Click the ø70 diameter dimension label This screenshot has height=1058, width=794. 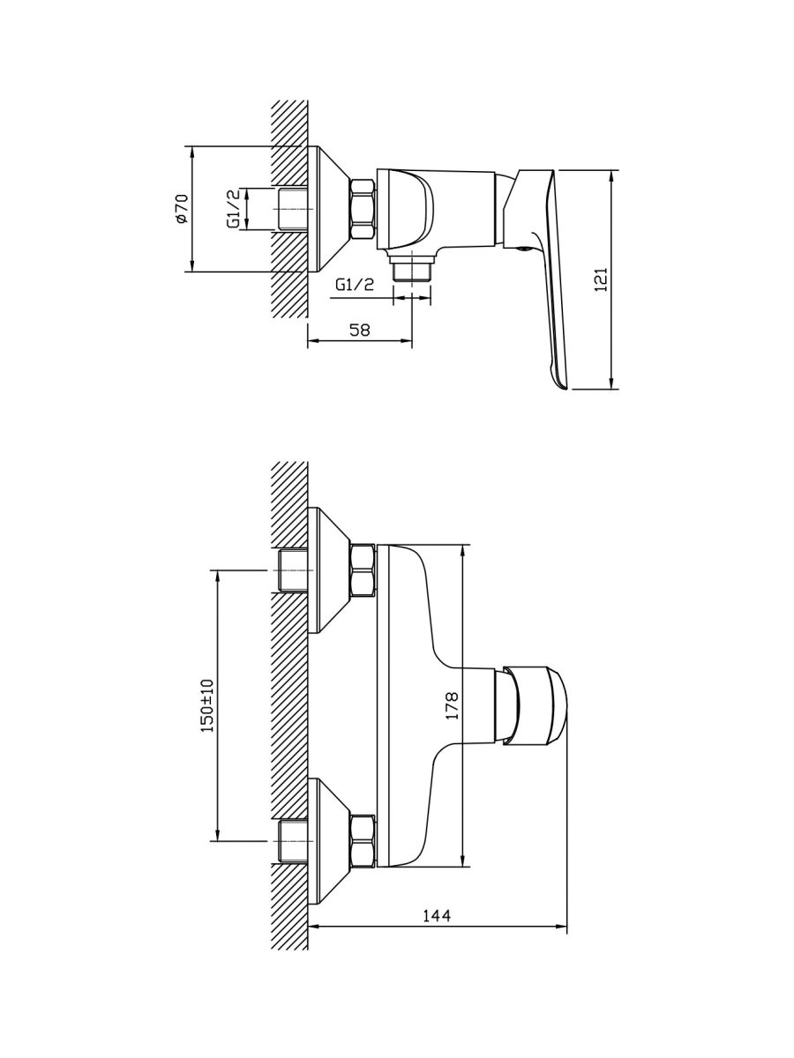[x=182, y=208]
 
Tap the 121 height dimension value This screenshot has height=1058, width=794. [x=601, y=279]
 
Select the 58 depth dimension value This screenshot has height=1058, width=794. [x=360, y=330]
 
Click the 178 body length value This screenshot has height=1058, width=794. [x=452, y=706]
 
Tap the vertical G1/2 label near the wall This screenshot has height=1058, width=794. [x=233, y=209]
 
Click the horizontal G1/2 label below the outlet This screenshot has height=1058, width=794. [x=355, y=285]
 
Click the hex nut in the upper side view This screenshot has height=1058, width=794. [x=363, y=209]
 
